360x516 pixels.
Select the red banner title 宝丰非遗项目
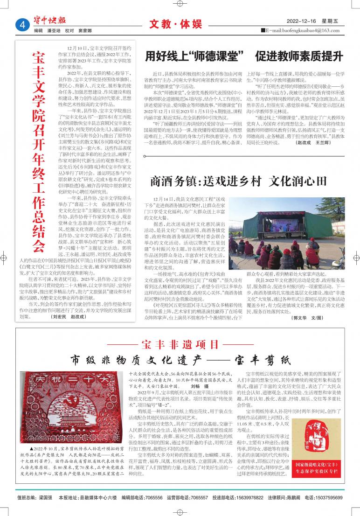[180, 345]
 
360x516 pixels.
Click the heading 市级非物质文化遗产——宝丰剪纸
[180, 360]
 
